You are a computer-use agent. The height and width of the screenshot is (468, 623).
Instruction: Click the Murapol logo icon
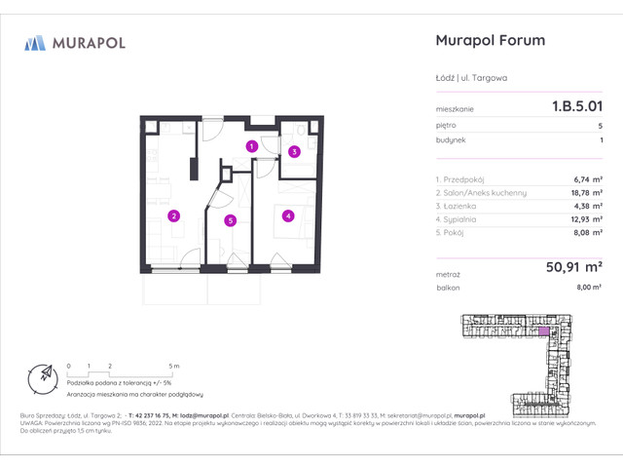[35, 43]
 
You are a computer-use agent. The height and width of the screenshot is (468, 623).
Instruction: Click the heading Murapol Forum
[487, 41]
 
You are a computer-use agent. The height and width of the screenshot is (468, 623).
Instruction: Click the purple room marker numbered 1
[251, 146]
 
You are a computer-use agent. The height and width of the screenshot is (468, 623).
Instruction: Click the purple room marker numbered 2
[173, 215]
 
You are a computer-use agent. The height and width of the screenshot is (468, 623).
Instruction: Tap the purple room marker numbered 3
[294, 151]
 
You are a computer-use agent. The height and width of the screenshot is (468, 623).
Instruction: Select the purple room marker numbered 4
[288, 215]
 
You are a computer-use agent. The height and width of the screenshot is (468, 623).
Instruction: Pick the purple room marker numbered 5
[230, 220]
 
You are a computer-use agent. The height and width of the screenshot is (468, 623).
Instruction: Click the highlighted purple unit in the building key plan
[542, 331]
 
